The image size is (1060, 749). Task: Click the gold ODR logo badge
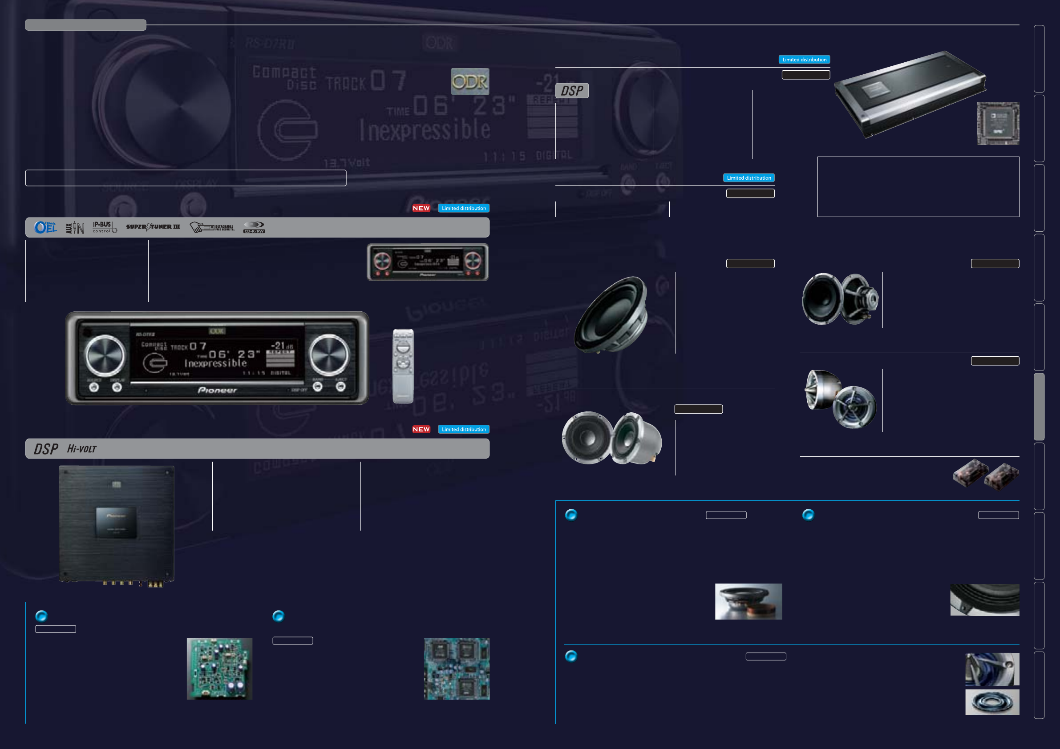[469, 82]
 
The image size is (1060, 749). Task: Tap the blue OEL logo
[45, 227]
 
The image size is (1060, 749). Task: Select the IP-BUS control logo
[104, 227]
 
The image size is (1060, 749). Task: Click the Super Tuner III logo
[153, 227]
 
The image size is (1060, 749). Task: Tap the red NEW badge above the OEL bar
[421, 208]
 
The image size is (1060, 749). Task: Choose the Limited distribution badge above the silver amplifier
[804, 60]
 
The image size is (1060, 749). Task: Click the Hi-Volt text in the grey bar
[82, 449]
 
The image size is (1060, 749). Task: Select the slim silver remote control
[403, 366]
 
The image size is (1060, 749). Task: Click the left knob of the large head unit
[105, 355]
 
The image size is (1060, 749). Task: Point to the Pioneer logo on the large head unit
[217, 391]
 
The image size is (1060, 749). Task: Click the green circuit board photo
[219, 668]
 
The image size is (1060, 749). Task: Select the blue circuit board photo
[457, 668]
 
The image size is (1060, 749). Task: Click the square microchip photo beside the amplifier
[998, 123]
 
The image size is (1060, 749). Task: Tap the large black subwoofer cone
[611, 314]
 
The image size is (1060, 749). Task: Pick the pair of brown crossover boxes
[986, 474]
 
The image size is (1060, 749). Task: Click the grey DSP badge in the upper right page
[571, 90]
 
